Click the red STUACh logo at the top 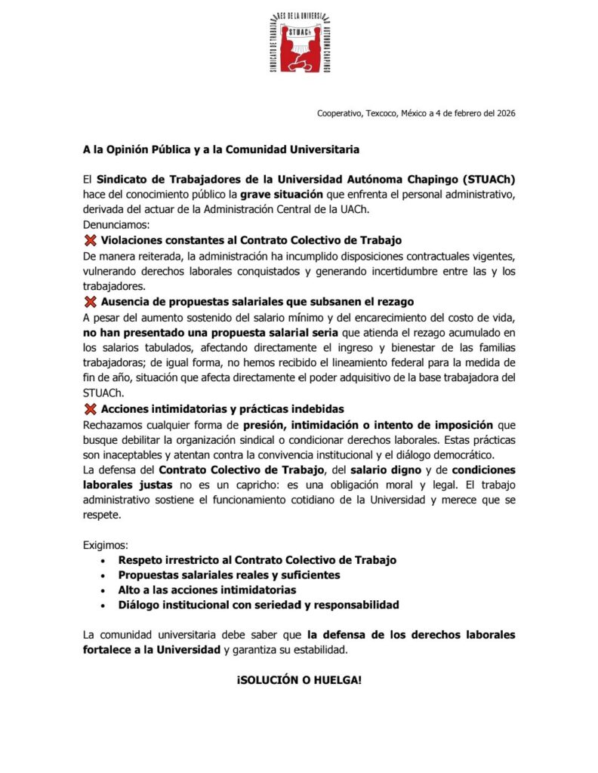[x=299, y=43]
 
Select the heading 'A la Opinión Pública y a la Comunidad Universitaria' [x=221, y=149]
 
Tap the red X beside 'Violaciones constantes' [x=91, y=240]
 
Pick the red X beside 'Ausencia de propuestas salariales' [x=91, y=302]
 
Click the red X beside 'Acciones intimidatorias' [x=91, y=409]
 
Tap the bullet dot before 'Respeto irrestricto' [x=103, y=560]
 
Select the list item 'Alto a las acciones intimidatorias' [x=207, y=590]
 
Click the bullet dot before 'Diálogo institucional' [x=103, y=605]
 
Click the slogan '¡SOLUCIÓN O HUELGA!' [x=299, y=680]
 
